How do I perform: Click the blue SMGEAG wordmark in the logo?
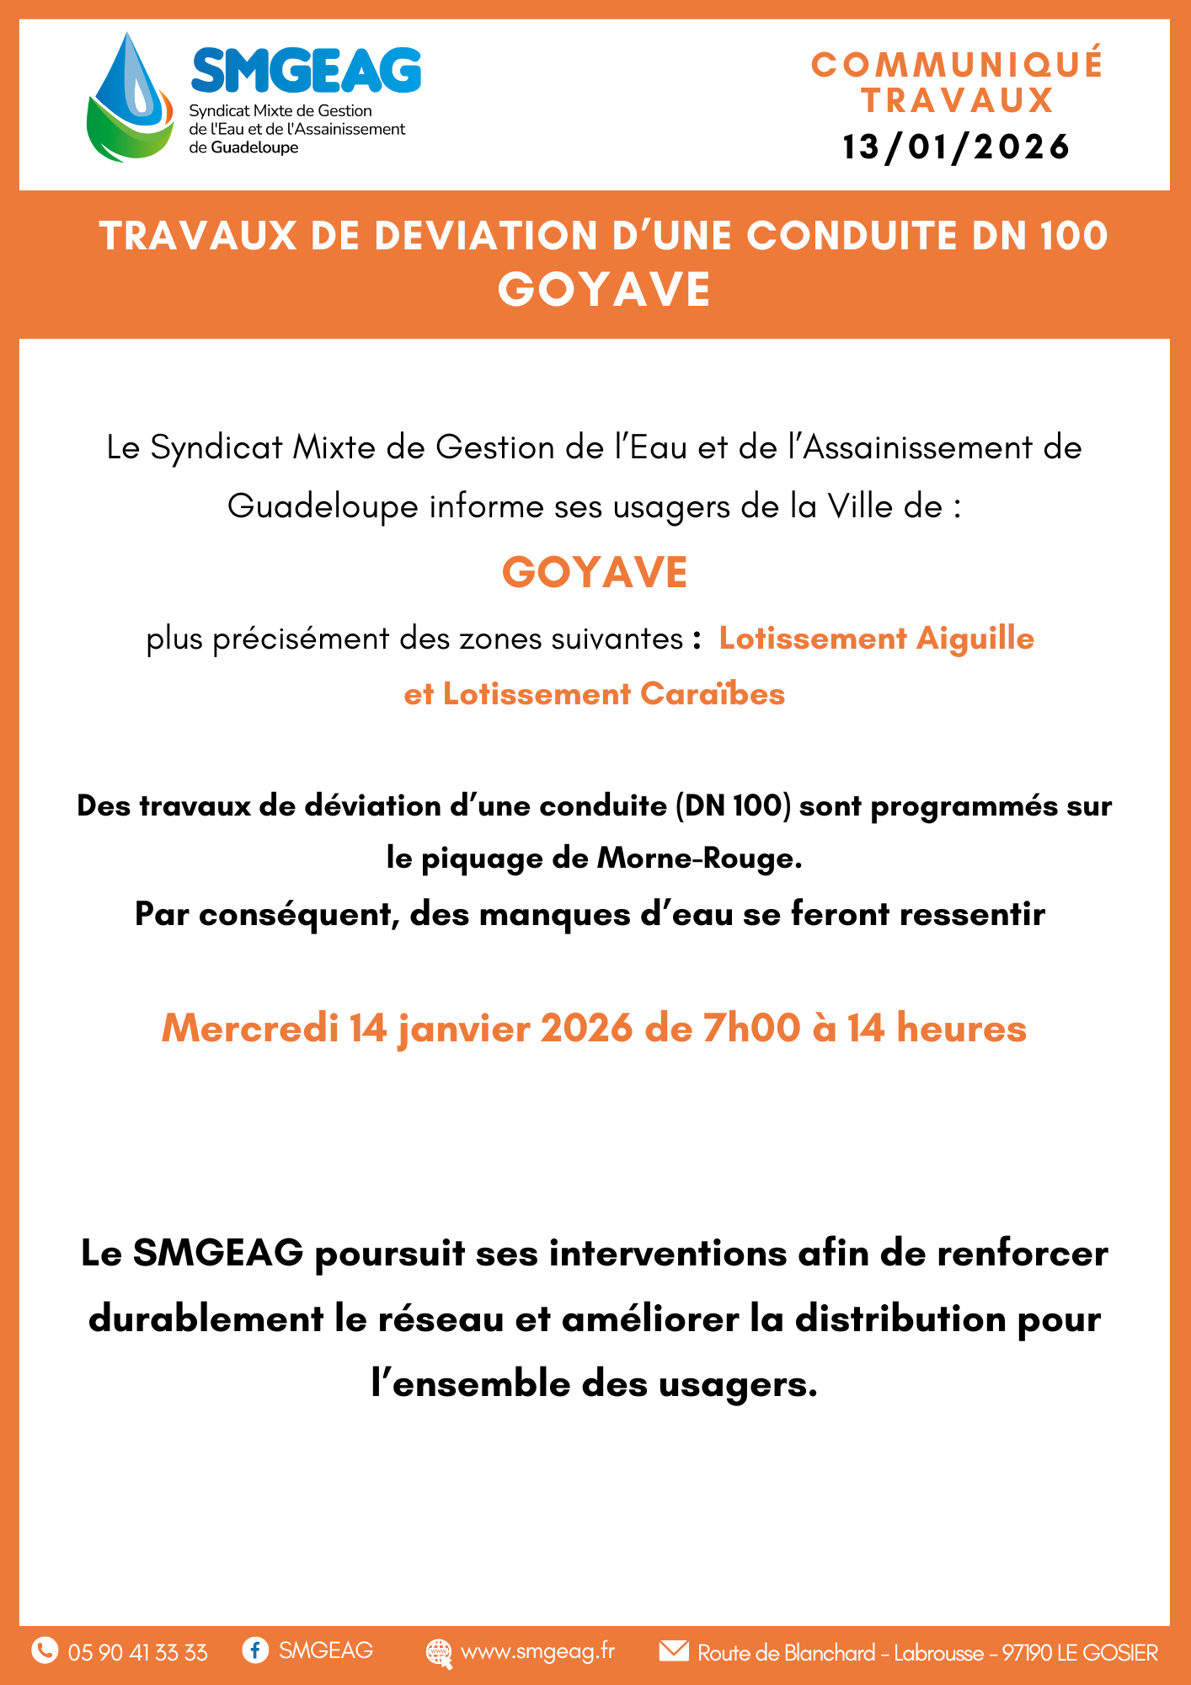[x=306, y=70]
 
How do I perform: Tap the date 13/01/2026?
[x=956, y=147]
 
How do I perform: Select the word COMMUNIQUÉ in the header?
[x=957, y=65]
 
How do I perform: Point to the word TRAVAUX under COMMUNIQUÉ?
[x=957, y=101]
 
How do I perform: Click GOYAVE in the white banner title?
[x=604, y=290]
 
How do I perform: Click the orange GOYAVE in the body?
[x=595, y=573]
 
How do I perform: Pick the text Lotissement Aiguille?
[x=876, y=639]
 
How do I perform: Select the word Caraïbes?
[x=712, y=694]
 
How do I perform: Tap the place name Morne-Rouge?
[x=699, y=859]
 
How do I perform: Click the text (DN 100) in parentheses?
[x=733, y=806]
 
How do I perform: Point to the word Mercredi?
[x=249, y=1029]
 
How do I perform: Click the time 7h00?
[x=751, y=1029]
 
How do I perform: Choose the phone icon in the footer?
[x=45, y=1650]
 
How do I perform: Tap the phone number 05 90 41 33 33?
[x=137, y=1652]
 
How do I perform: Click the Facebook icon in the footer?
[x=254, y=1650]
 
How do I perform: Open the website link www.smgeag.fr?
[x=537, y=1651]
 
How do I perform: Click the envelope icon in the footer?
[x=674, y=1650]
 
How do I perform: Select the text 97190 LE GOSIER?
[x=1080, y=1653]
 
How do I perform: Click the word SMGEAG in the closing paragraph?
[x=218, y=1254]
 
